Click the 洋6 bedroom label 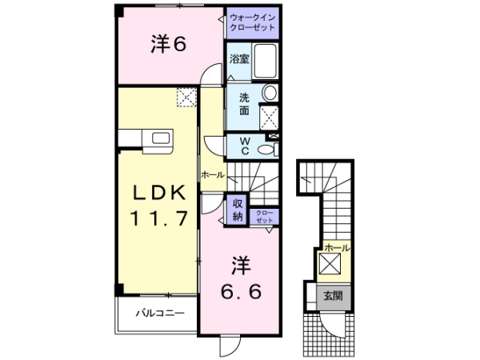click(168, 44)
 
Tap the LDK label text click(159, 193)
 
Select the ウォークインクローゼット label click(253, 22)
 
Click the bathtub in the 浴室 click(265, 61)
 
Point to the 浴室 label click(239, 58)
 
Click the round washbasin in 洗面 click(270, 93)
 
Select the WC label click(245, 146)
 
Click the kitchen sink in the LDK click(161, 138)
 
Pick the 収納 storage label click(238, 210)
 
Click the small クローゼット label click(264, 217)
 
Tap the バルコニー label click(160, 313)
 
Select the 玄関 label click(333, 296)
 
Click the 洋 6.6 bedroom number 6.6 click(242, 291)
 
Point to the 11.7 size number click(159, 218)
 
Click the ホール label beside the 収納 click(213, 175)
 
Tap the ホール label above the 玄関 click(337, 247)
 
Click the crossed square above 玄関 click(330, 263)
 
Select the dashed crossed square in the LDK click(186, 97)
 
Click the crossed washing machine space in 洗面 click(269, 118)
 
